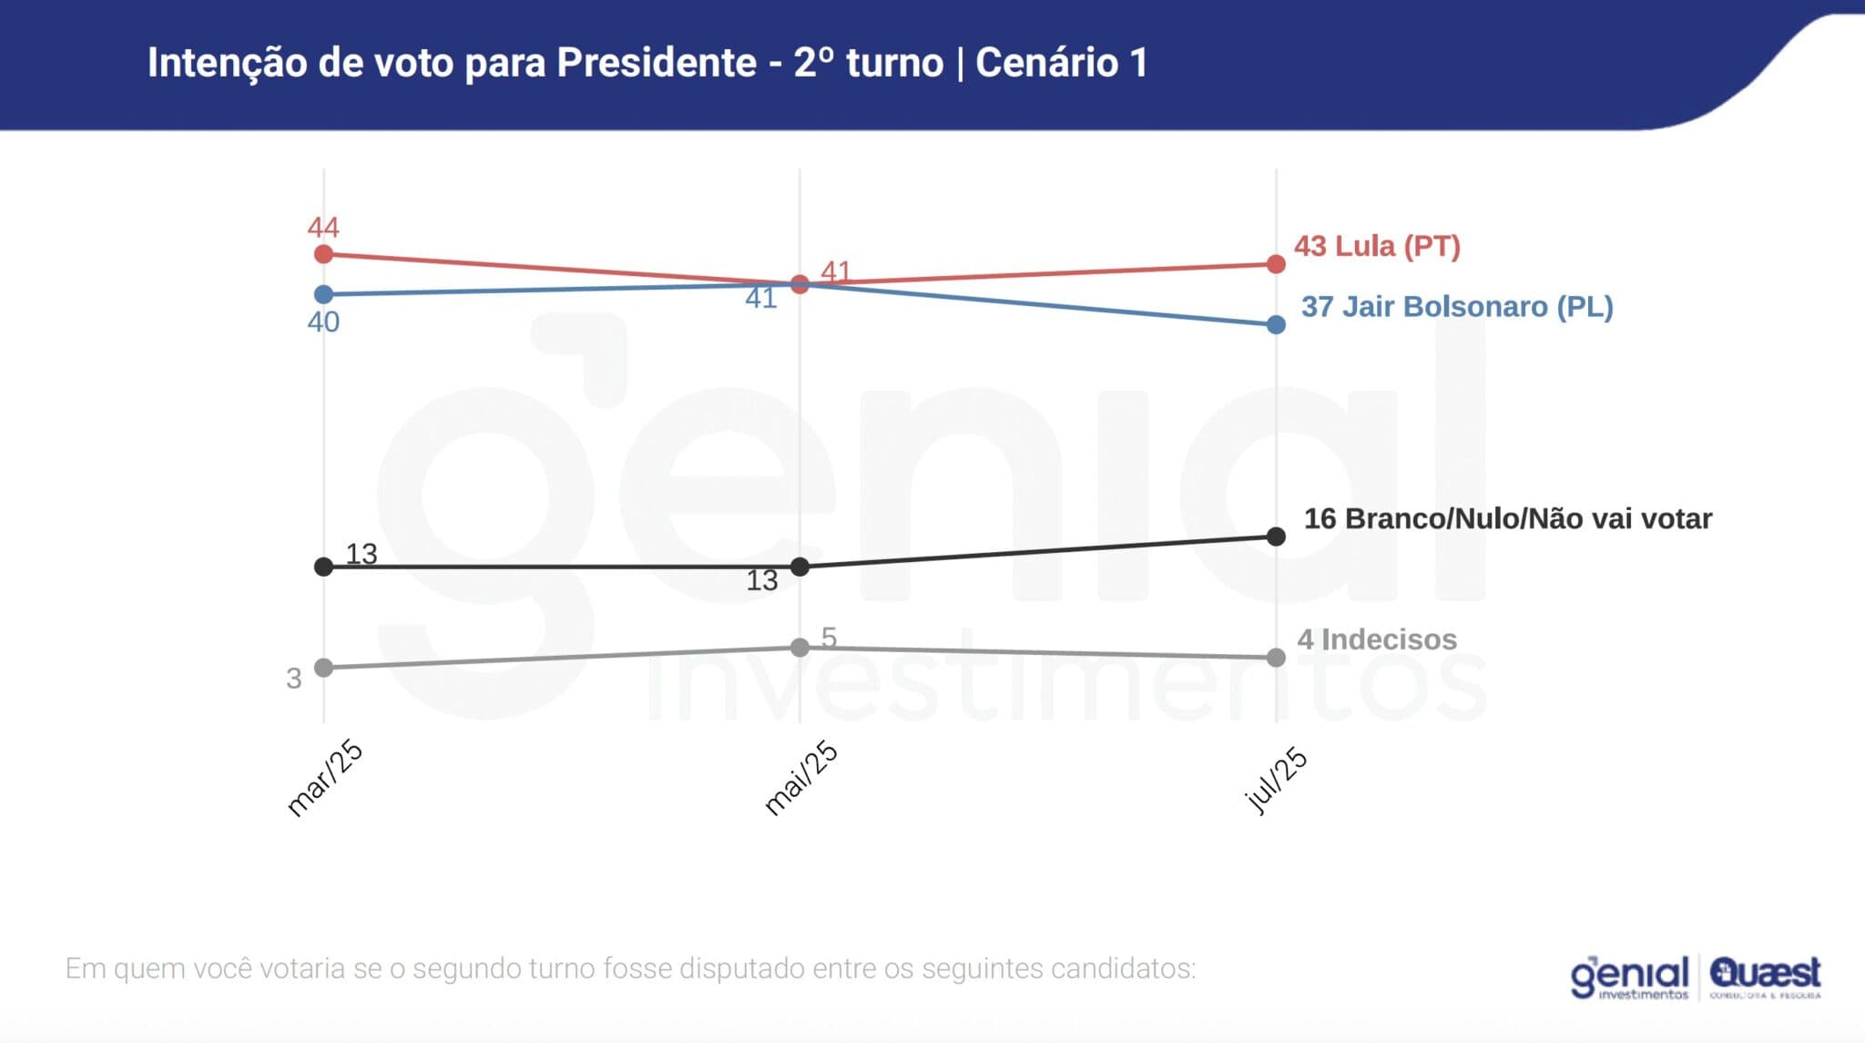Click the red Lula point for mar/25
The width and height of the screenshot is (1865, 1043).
pyautogui.click(x=323, y=254)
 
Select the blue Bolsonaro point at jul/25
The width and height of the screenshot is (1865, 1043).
pyautogui.click(x=1276, y=324)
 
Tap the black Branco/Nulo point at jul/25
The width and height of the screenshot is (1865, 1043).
pyautogui.click(x=1276, y=537)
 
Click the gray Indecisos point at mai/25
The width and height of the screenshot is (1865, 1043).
pyautogui.click(x=800, y=648)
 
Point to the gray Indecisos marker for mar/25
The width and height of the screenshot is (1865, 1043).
pyautogui.click(x=323, y=668)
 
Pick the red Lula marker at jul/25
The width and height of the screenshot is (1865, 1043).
pyautogui.click(x=1276, y=264)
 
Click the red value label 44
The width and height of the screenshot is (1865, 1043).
pyautogui.click(x=323, y=227)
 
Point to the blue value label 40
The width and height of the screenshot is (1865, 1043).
pyautogui.click(x=323, y=322)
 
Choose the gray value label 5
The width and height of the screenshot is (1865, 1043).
pyautogui.click(x=829, y=637)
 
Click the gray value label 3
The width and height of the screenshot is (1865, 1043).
pyautogui.click(x=293, y=679)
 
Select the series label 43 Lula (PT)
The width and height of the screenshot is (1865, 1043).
pyautogui.click(x=1377, y=246)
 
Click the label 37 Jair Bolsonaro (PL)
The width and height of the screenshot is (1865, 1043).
pyautogui.click(x=1457, y=307)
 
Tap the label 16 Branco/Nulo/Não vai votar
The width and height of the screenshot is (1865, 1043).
pyautogui.click(x=1508, y=519)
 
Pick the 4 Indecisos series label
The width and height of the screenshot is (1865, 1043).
pyautogui.click(x=1377, y=639)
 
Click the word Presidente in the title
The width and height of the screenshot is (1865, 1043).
pyautogui.click(x=657, y=63)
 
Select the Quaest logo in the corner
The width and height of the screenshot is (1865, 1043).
pyautogui.click(x=1765, y=977)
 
